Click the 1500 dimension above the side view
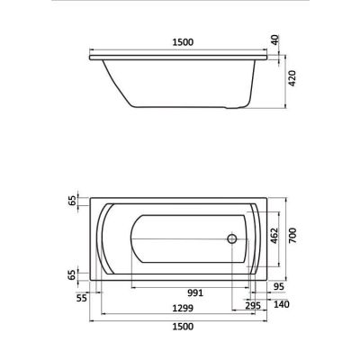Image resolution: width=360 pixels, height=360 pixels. click(183, 42)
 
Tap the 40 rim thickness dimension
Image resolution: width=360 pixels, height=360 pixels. click(275, 40)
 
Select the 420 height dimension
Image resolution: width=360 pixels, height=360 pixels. click(292, 78)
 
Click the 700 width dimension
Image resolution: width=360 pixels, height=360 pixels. click(292, 236)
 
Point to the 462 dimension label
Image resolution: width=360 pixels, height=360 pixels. click(274, 236)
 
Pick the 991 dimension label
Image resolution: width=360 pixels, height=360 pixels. click(195, 292)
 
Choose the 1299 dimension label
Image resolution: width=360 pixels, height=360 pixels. click(183, 308)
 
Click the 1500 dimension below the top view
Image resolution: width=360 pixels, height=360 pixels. click(183, 326)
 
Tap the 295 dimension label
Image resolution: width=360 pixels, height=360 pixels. click(253, 306)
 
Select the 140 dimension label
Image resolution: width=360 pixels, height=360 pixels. click(282, 304)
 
